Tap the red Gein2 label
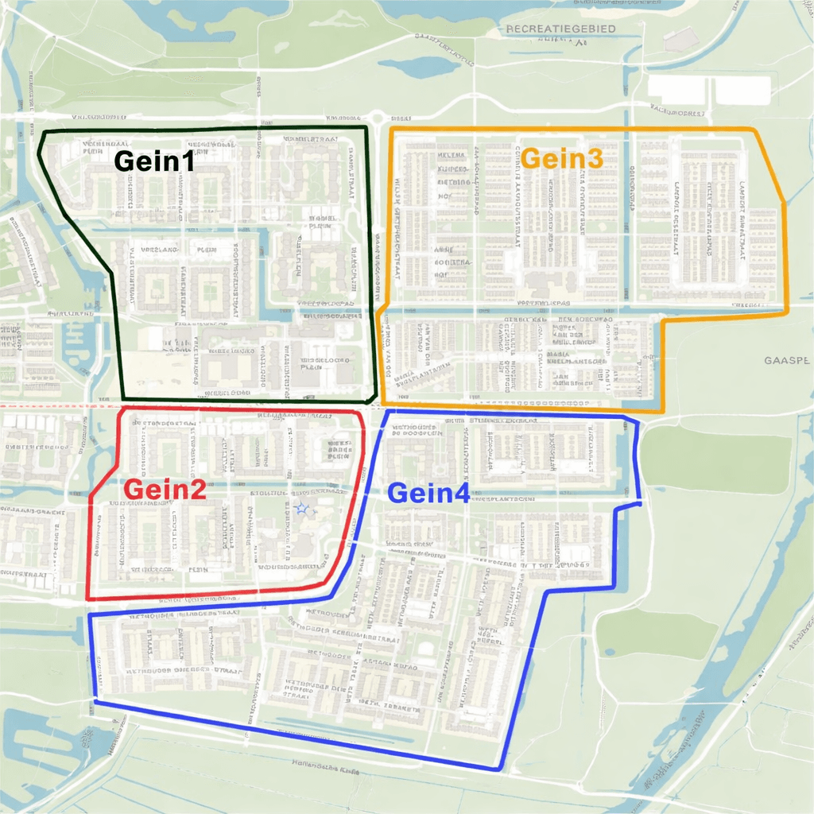pos(165,490)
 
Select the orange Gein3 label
pos(562,158)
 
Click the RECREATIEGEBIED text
pos(560,29)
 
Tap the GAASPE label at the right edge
pos(788,360)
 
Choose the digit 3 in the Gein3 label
pos(594,158)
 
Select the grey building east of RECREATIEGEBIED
pos(680,40)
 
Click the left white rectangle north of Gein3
pos(678,89)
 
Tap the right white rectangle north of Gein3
pos(742,90)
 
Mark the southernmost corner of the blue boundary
pos(498,769)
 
